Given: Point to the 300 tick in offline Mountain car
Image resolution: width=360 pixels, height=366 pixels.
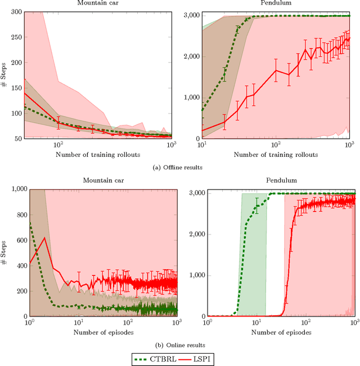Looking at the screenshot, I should coord(17,11).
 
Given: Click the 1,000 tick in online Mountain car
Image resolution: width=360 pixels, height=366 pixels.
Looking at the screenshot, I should coord(15,189).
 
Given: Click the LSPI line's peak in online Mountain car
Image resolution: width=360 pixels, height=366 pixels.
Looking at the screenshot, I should coord(44,237).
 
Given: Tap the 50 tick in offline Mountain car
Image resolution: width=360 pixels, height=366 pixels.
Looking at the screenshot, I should coord(19,138).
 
